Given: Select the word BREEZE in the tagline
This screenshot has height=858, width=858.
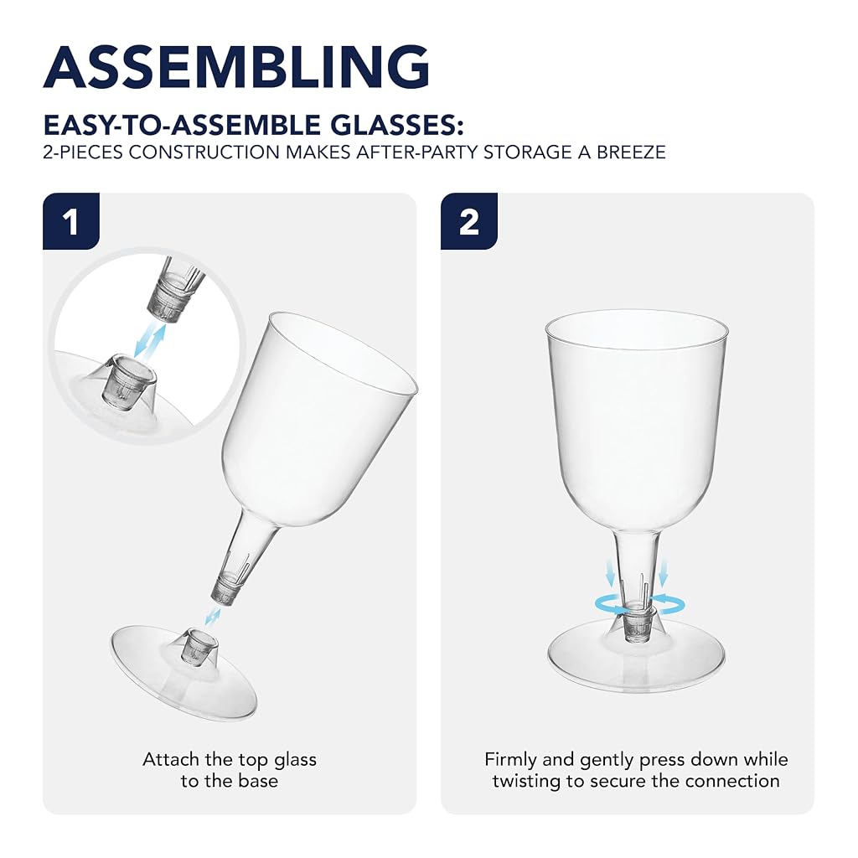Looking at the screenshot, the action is pyautogui.click(x=630, y=152).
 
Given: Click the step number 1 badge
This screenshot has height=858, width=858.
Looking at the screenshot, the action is pyautogui.click(x=71, y=221).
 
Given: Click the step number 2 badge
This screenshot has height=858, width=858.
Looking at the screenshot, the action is pyautogui.click(x=469, y=221).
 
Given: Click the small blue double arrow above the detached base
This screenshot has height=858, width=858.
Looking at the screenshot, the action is pyautogui.click(x=212, y=617).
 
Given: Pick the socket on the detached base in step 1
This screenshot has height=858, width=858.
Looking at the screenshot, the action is pyautogui.click(x=199, y=647).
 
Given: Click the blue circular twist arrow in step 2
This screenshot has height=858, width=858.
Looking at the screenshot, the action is pyautogui.click(x=639, y=606).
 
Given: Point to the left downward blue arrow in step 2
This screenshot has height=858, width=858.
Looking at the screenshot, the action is pyautogui.click(x=611, y=573).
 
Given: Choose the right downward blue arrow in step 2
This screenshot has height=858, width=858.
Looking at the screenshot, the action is pyautogui.click(x=663, y=573).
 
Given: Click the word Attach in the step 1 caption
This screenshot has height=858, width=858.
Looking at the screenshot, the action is pyautogui.click(x=171, y=759).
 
